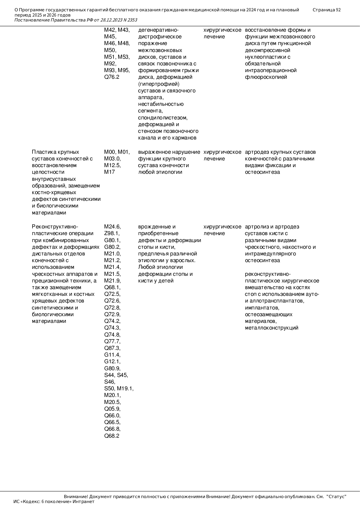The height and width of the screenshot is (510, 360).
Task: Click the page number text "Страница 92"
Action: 327,10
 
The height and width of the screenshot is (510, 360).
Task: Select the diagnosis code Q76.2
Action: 112,77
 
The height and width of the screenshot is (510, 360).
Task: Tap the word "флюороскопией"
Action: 266,77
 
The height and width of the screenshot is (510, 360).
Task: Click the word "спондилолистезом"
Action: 163,118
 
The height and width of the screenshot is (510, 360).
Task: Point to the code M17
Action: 109,172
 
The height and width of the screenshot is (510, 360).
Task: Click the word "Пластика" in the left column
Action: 43,152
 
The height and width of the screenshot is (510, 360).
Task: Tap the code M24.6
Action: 112,227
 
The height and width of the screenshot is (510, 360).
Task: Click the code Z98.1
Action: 112,233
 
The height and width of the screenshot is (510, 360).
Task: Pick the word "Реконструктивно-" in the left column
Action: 55,227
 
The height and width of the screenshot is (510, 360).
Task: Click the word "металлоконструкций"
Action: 271,328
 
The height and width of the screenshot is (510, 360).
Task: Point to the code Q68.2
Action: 112,436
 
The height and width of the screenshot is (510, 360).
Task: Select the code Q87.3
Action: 112,348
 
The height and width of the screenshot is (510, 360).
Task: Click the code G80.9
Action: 112,368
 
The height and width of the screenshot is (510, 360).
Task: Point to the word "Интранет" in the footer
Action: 83,502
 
